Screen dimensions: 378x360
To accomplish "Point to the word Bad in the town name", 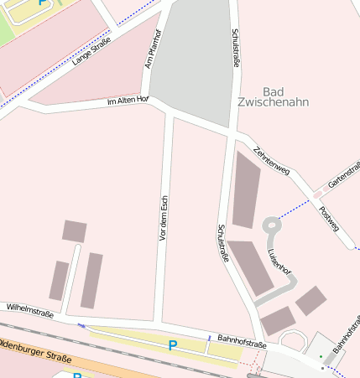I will tap(274, 91).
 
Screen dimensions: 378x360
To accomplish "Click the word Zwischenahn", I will tap(274, 102).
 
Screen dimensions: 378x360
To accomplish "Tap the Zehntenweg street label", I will tap(271, 159).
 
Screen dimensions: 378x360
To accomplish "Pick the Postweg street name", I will tap(330, 218).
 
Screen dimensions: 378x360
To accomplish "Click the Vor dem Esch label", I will tap(164, 220).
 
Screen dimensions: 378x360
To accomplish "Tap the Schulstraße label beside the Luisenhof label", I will tap(222, 244).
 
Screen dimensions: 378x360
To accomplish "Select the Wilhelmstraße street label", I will tap(29, 313).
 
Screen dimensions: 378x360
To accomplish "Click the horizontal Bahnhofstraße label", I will tap(242, 339).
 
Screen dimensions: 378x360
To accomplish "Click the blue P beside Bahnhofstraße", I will tap(173, 344).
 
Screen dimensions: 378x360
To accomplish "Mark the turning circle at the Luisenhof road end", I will tap(271, 225).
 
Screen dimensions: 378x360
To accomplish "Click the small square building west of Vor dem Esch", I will tap(75, 230).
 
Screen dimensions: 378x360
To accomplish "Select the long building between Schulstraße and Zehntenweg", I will tap(245, 190).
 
